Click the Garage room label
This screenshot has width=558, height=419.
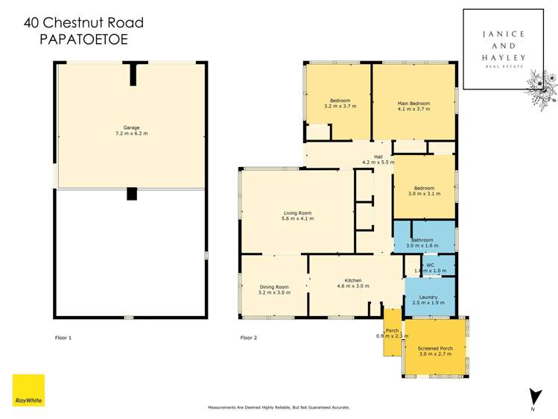[131, 127]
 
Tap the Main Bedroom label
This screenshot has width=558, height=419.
[413, 101]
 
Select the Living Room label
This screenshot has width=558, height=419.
[297, 212]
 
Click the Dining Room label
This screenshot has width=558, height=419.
[273, 287]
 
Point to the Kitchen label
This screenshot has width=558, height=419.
[353, 280]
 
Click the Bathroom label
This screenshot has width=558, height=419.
[423, 240]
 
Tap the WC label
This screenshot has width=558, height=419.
[430, 265]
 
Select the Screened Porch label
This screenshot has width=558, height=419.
[435, 348]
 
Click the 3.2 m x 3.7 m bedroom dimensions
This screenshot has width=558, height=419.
[340, 107]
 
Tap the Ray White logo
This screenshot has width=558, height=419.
[28, 390]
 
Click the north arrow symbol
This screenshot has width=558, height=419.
[536, 397]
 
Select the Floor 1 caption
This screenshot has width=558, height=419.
[64, 338]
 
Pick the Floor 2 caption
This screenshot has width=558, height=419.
[249, 338]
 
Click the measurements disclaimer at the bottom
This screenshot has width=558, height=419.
[279, 408]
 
